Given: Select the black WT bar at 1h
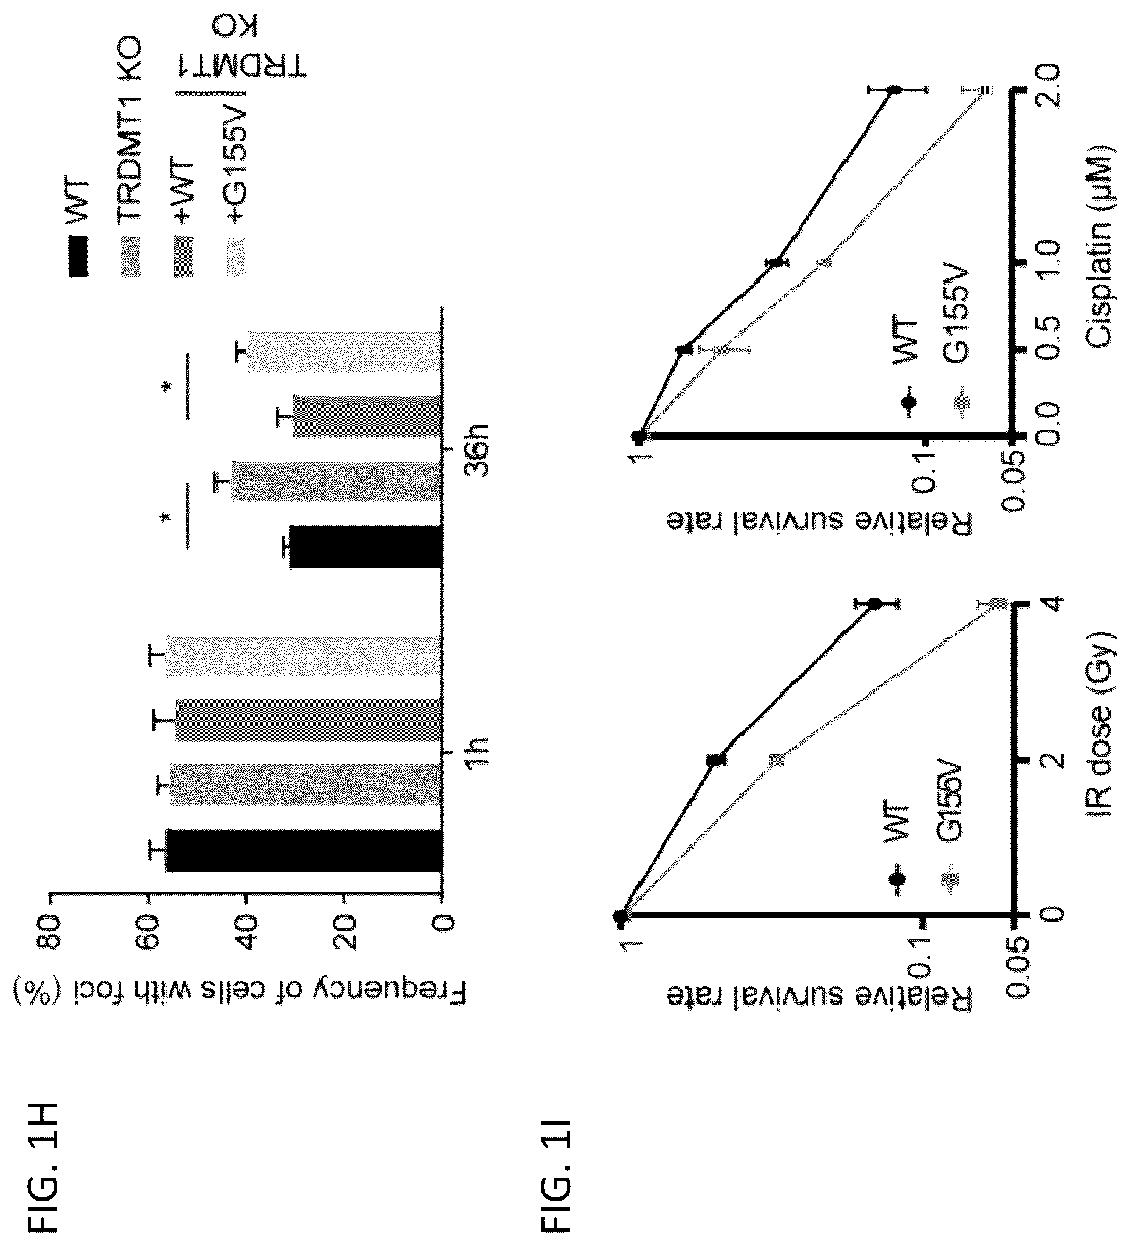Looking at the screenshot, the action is [304, 851].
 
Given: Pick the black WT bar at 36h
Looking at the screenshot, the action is [365, 546].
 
